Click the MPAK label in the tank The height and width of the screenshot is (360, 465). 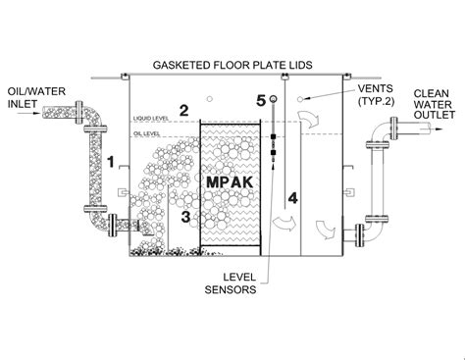[230, 182]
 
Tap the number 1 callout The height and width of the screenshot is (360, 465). [112, 162]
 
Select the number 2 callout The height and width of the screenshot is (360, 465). [183, 111]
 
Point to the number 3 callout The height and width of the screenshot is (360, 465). [185, 217]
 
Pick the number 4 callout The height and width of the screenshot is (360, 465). [292, 198]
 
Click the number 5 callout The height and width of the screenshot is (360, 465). [261, 101]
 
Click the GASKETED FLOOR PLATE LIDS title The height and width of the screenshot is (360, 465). [232, 65]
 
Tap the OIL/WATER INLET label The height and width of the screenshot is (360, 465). [36, 97]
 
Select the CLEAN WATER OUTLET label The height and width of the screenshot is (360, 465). [435, 104]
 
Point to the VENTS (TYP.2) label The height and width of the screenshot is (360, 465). [376, 95]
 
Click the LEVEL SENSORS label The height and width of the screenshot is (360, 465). [231, 283]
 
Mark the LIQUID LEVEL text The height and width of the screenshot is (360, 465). [151, 118]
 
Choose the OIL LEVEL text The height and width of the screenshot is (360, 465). [146, 133]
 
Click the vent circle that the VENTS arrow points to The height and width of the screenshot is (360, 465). [300, 99]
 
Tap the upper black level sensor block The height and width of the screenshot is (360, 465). [274, 136]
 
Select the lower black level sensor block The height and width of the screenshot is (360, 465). [274, 152]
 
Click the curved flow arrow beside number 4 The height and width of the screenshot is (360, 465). [284, 224]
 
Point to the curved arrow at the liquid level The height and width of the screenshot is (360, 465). [309, 120]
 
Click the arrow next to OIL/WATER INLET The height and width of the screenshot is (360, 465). [28, 114]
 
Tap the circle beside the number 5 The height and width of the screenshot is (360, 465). [273, 99]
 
